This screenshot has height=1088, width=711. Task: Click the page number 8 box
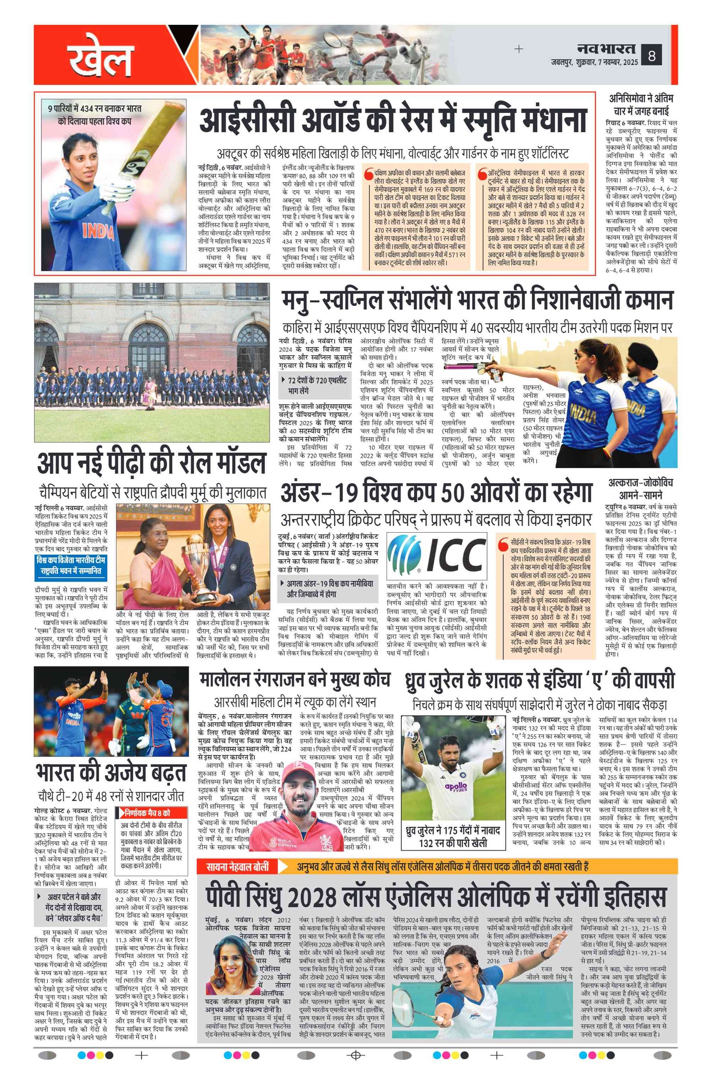click(x=651, y=56)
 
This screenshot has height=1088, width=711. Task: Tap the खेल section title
click(x=100, y=60)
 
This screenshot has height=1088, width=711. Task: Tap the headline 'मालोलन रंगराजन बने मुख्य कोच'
click(x=294, y=680)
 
